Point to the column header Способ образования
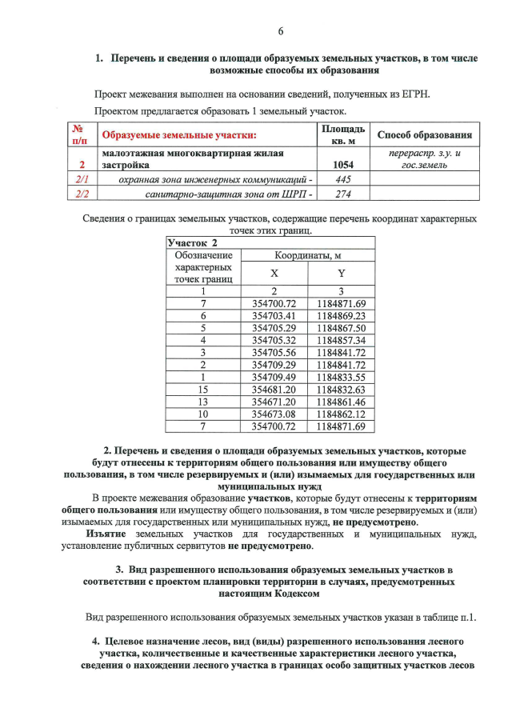pyautogui.click(x=423, y=134)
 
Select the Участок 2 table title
pyautogui.click(x=192, y=242)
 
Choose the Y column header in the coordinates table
pyautogui.click(x=341, y=273)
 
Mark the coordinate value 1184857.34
pyautogui.click(x=341, y=341)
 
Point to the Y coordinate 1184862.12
pyautogui.click(x=341, y=414)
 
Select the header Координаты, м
pyautogui.click(x=308, y=255)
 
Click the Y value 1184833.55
pyautogui.click(x=341, y=378)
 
